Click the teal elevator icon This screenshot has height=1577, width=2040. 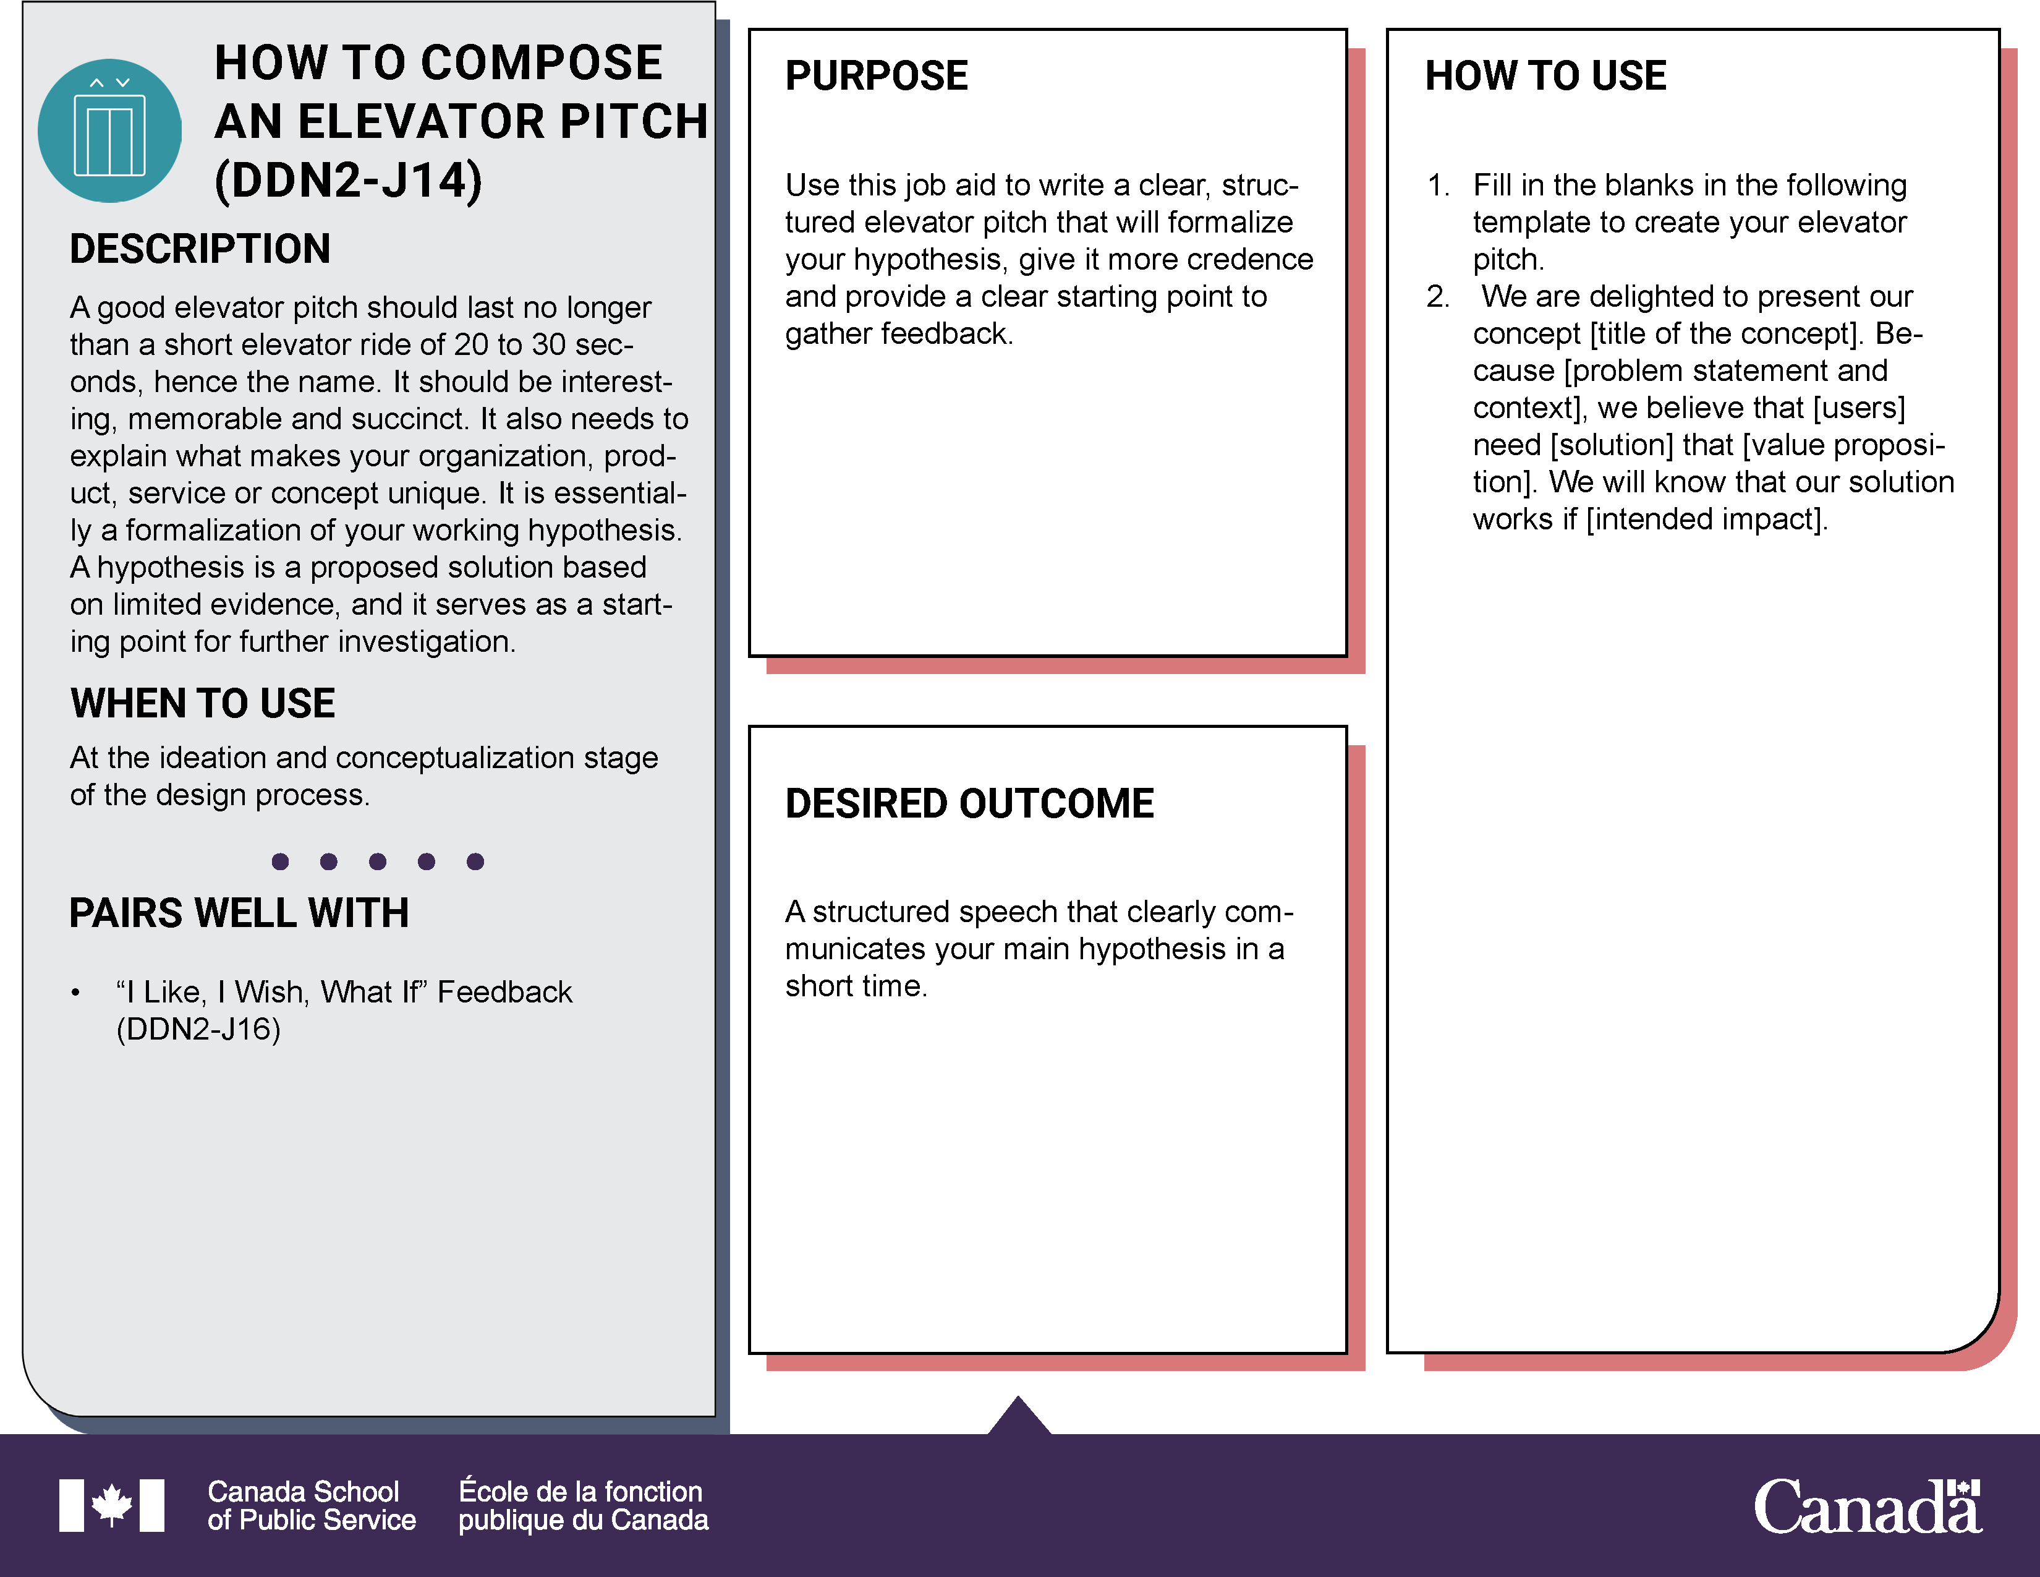[x=109, y=130]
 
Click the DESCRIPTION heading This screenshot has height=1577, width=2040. [x=200, y=249]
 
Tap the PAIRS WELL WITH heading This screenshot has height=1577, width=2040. [x=239, y=913]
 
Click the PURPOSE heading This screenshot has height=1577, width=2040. [x=876, y=75]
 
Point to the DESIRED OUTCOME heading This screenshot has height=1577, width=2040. [x=969, y=803]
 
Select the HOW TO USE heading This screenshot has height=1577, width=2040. [x=1545, y=75]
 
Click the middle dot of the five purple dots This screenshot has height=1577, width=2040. [x=377, y=861]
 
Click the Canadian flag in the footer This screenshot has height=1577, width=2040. [x=111, y=1505]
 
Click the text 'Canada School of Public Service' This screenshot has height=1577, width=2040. [x=311, y=1505]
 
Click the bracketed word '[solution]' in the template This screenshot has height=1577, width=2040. [x=1611, y=445]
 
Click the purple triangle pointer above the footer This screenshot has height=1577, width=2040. [x=1019, y=1416]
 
